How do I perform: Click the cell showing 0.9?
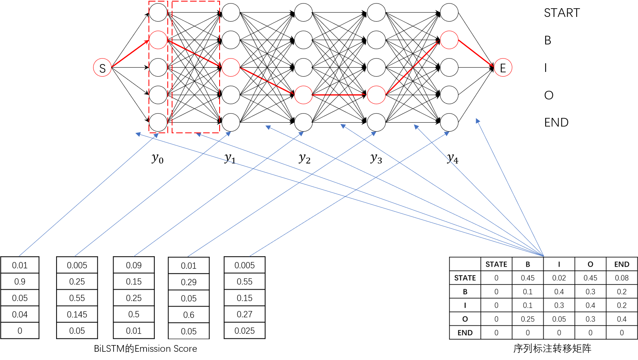click(x=20, y=281)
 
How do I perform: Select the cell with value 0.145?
click(x=77, y=314)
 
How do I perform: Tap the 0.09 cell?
click(x=134, y=265)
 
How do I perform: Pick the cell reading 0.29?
click(x=189, y=282)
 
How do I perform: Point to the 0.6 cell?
click(x=189, y=315)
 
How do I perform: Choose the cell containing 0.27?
click(x=244, y=314)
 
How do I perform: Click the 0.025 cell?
click(x=244, y=331)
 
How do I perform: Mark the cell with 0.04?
click(x=20, y=314)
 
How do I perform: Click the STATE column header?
click(x=496, y=264)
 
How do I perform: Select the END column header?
click(x=621, y=264)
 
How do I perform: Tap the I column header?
click(x=559, y=264)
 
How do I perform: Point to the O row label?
click(x=465, y=319)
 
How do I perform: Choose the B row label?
click(x=465, y=292)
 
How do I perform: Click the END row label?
click(x=465, y=333)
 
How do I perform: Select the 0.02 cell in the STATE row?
click(x=559, y=278)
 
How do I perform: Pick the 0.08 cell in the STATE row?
click(x=621, y=278)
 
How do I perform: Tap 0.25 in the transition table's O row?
click(x=528, y=319)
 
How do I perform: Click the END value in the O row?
click(x=621, y=319)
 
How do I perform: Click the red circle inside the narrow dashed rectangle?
click(x=158, y=40)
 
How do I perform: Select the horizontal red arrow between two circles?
click(x=339, y=95)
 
